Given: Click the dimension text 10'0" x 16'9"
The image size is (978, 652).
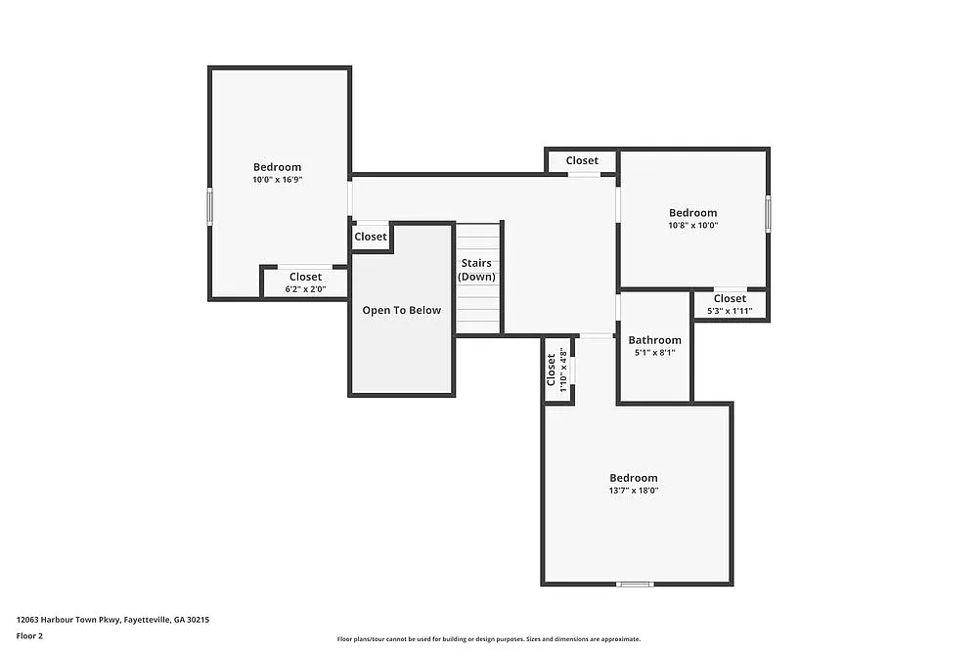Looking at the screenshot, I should pyautogui.click(x=277, y=180).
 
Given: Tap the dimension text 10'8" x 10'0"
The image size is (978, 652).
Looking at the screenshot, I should pyautogui.click(x=692, y=225).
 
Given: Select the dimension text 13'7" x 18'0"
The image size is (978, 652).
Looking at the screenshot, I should pyautogui.click(x=634, y=491).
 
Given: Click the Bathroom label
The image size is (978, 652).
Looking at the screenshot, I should pyautogui.click(x=654, y=340).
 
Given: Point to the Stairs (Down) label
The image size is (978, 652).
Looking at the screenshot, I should pyautogui.click(x=476, y=270).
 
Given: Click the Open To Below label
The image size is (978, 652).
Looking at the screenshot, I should pyautogui.click(x=401, y=310).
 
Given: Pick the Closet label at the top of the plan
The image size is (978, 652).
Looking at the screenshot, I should pyautogui.click(x=582, y=160).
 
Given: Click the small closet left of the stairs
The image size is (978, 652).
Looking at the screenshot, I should pyautogui.click(x=371, y=237).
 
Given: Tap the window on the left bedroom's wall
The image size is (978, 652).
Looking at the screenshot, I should pyautogui.click(x=208, y=207).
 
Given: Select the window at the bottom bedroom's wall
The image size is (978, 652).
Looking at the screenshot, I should pyautogui.click(x=635, y=584).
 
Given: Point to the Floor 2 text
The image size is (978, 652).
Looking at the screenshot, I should pyautogui.click(x=29, y=635).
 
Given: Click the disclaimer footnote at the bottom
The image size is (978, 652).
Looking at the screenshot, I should pyautogui.click(x=489, y=638).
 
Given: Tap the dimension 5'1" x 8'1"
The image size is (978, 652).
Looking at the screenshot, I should pyautogui.click(x=654, y=353).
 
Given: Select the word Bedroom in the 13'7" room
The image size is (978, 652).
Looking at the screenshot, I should pyautogui.click(x=634, y=478).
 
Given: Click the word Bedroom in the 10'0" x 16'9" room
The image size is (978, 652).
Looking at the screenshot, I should pyautogui.click(x=277, y=167).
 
